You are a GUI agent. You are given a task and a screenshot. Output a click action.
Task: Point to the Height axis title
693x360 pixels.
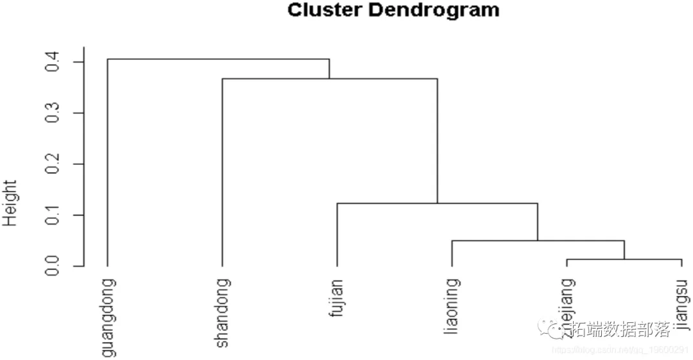[x=10, y=203]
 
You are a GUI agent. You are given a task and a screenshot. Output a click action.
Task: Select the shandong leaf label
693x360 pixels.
[x=223, y=313]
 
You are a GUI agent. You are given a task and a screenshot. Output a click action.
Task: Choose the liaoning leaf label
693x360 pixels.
[x=452, y=306]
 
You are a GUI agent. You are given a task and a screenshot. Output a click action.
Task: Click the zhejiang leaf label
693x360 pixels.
[x=567, y=302]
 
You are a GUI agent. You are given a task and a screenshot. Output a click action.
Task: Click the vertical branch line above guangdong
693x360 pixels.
[x=107, y=160]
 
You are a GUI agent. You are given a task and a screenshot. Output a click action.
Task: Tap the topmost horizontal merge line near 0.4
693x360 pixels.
[x=218, y=59]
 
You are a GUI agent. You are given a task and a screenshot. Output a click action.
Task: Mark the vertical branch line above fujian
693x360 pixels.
[x=337, y=234]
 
